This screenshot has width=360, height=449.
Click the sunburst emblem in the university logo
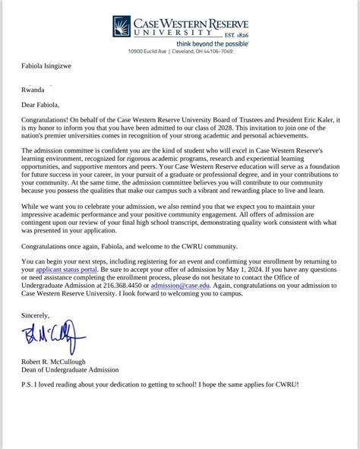click(x=122, y=27)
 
